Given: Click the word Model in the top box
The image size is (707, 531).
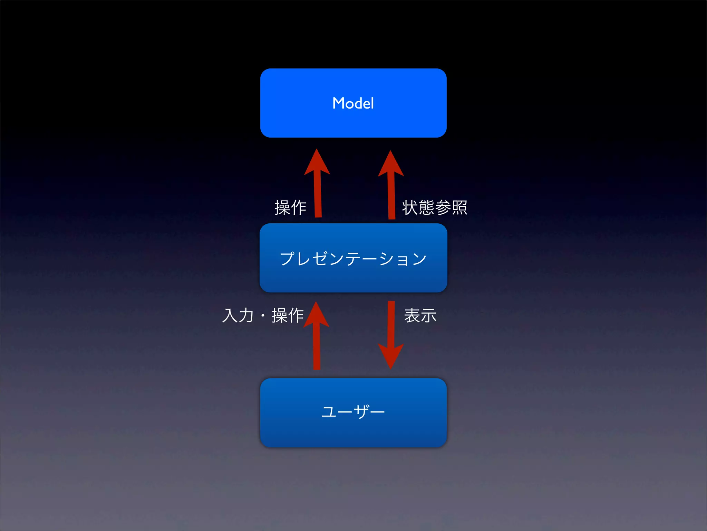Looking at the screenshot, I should click(x=353, y=103).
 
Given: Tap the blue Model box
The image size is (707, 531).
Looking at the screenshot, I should click(x=353, y=121).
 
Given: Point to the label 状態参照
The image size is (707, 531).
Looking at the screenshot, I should click(x=434, y=207).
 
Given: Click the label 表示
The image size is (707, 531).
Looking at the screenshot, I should click(x=420, y=315).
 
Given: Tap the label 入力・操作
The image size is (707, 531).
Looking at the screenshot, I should click(x=263, y=315).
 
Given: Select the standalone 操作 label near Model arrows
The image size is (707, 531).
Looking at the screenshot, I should click(x=290, y=207).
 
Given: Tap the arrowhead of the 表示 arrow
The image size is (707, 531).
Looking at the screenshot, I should click(x=391, y=356).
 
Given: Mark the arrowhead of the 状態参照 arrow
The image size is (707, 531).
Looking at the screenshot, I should click(x=391, y=164).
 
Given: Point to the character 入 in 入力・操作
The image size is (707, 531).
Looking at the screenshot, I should click(x=230, y=315).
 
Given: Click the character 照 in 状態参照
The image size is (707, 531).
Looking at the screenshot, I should click(x=459, y=207).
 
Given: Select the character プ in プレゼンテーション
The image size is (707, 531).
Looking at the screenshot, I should click(x=288, y=258).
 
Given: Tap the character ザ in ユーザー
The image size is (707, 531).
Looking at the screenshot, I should click(x=361, y=411).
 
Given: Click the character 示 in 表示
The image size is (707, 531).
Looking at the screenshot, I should click(x=428, y=315).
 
